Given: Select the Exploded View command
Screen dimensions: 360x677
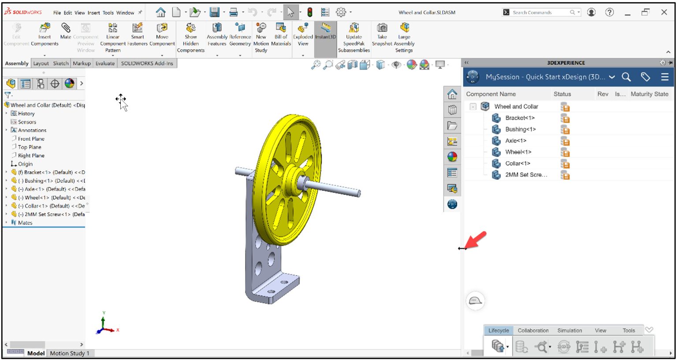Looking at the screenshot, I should coord(303,34).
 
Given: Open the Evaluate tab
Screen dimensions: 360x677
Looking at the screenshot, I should coord(105,63).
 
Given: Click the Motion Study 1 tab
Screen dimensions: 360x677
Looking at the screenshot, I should coord(70,353).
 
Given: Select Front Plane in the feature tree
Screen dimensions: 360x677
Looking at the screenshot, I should coord(31,139).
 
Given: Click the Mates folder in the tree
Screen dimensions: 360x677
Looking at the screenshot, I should coord(25,223).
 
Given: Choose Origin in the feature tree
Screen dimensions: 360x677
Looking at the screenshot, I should coord(25,164).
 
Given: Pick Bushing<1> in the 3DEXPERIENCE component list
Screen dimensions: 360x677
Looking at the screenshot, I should coord(520,130).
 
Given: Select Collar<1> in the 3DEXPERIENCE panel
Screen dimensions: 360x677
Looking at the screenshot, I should coord(518,163).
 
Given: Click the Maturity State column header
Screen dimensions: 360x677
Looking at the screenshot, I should coord(649,94).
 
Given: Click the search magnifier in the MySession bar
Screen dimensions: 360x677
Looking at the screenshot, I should coord(626,77).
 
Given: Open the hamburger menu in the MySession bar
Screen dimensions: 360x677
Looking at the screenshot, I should coord(665,77).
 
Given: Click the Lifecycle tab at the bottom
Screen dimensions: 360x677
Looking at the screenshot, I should coord(498,330).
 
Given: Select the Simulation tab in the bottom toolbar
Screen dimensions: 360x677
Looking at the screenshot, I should coord(569,330).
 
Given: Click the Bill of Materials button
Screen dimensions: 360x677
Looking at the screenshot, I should coord(281,34).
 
